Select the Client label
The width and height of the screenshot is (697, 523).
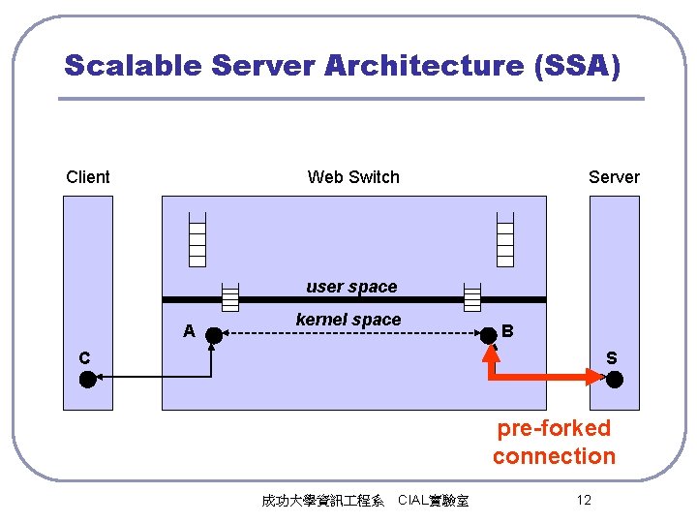(x=88, y=177)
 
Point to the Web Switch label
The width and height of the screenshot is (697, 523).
(x=353, y=177)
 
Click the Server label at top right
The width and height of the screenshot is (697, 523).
(x=614, y=177)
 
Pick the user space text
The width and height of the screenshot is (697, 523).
(x=351, y=287)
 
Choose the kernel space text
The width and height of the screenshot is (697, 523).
(x=348, y=320)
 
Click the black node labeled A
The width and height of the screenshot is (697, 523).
(x=213, y=335)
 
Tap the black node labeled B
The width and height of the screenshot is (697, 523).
(x=490, y=335)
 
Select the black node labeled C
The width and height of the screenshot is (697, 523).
(x=87, y=379)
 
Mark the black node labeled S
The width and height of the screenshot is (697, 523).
(x=615, y=379)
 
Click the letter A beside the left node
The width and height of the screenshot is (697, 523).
(x=190, y=331)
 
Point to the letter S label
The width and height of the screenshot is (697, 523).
(x=611, y=358)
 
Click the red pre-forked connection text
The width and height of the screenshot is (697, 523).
(x=554, y=442)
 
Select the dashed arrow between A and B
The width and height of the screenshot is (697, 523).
(x=350, y=335)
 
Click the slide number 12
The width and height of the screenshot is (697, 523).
(x=583, y=500)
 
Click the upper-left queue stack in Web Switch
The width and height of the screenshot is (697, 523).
(x=197, y=237)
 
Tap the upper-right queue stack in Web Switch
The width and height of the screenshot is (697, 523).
(x=504, y=237)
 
